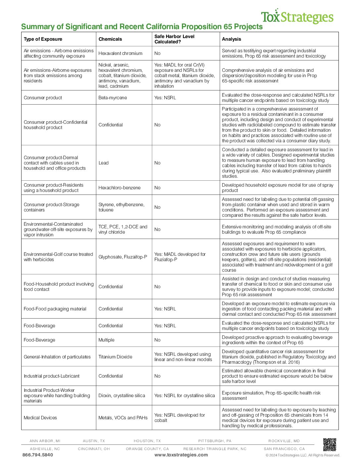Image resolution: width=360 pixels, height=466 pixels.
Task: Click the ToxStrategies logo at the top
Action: click(297, 17)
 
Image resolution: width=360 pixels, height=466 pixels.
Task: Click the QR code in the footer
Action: click(330, 444)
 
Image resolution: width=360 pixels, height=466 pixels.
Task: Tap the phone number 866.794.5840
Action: click(38, 455)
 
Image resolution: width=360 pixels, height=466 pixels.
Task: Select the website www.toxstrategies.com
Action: click(181, 455)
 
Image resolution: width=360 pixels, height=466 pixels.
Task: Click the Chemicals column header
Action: click(110, 39)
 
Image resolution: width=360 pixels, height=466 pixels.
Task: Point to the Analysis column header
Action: click(232, 39)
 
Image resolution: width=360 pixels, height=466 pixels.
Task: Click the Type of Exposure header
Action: click(43, 39)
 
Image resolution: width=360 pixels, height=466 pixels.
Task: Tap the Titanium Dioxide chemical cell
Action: click(115, 357)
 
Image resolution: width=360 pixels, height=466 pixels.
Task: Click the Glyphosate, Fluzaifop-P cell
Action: click(123, 257)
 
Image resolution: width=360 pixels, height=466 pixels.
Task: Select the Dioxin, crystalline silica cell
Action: click(122, 396)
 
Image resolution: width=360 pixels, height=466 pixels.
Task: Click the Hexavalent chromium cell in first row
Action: click(120, 53)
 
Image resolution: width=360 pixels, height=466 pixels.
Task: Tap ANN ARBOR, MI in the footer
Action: click(45, 441)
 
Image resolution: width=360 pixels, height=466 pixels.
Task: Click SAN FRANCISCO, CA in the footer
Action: click(284, 449)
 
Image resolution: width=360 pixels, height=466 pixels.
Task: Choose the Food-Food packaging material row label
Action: click(55, 309)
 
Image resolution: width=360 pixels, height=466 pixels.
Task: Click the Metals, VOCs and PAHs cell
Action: click(123, 418)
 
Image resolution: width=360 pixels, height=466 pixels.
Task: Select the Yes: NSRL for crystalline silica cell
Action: click(185, 396)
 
